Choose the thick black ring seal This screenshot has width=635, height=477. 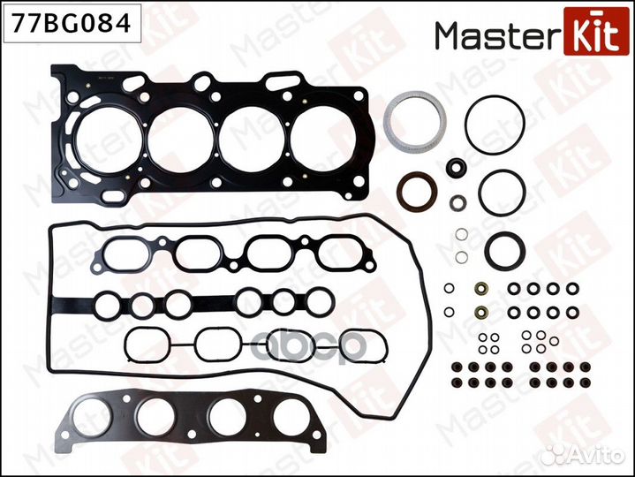(505, 251)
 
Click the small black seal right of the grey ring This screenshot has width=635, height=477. (457, 167)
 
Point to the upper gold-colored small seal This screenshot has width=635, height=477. (481, 288)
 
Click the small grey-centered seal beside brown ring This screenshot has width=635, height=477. (457, 202)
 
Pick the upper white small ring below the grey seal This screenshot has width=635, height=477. (462, 236)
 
